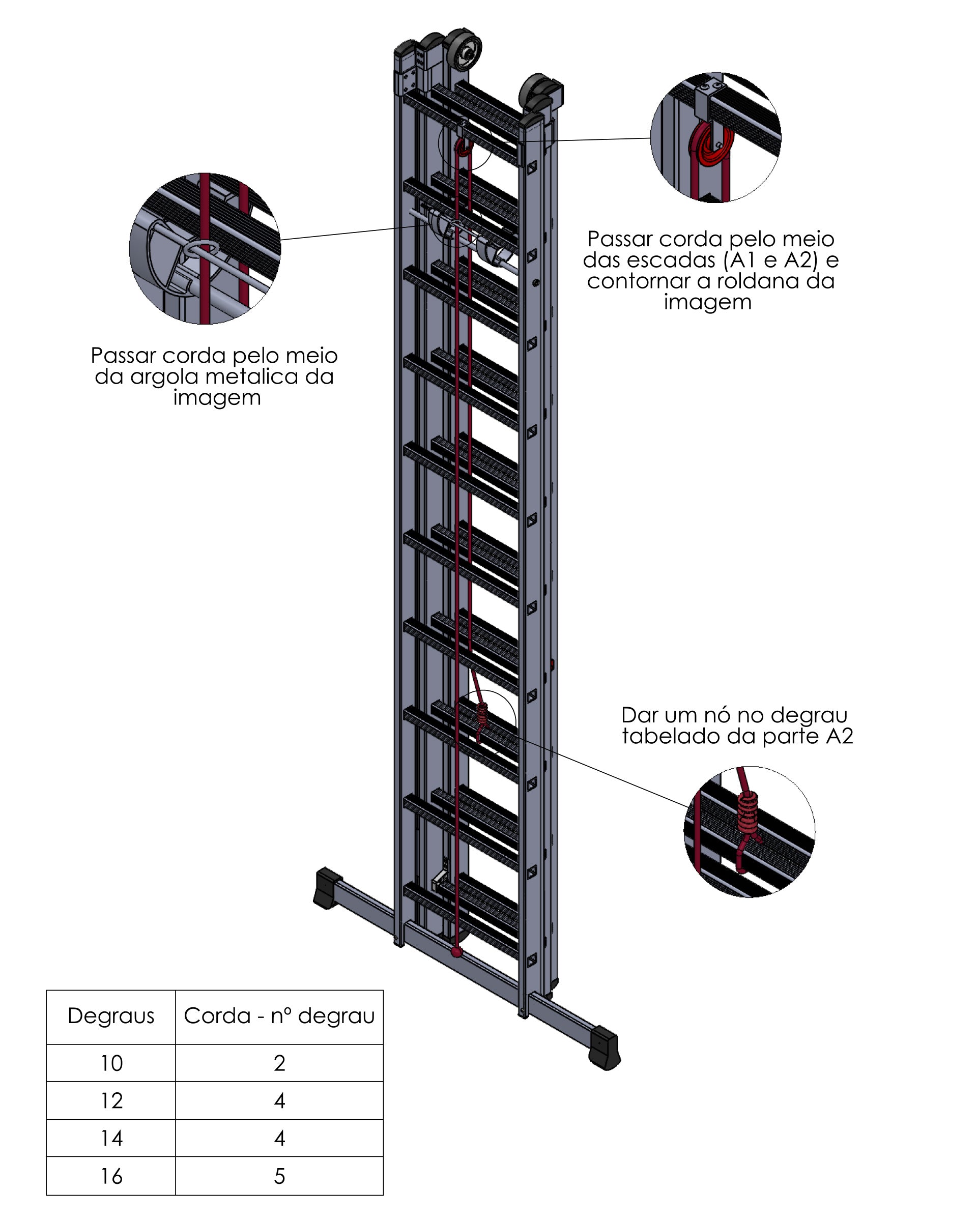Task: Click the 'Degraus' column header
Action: tap(111, 1016)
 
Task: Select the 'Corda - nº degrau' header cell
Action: tap(279, 1016)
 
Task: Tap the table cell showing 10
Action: tap(111, 1063)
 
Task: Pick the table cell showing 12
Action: tap(111, 1100)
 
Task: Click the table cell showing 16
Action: tap(111, 1176)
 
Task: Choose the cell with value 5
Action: tap(279, 1176)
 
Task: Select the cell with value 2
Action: tap(279, 1063)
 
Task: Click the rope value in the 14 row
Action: tap(279, 1138)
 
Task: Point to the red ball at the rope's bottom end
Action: tap(456, 951)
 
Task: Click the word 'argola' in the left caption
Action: tap(164, 377)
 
